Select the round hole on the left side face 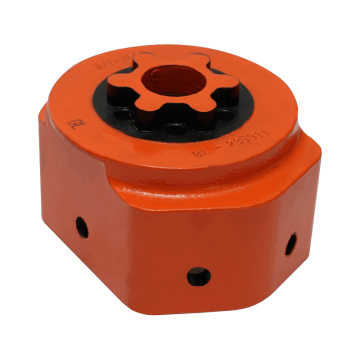click(82, 226)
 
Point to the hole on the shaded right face click(290, 243)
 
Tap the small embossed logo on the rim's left click(72, 127)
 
